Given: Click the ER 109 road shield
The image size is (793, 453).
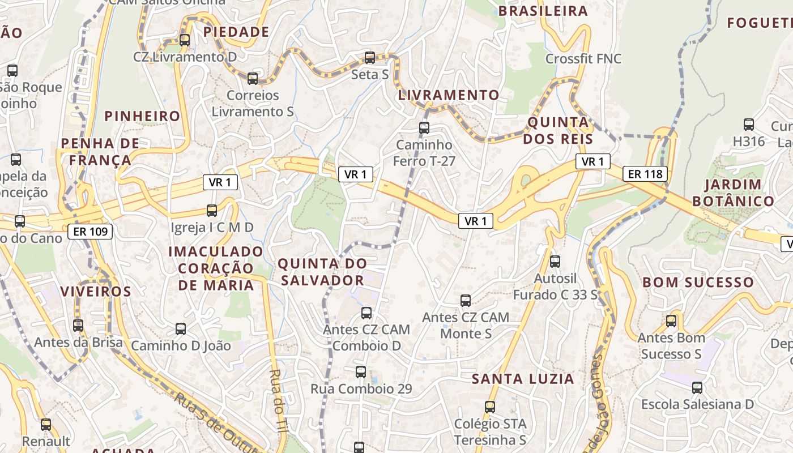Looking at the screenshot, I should point(90,231).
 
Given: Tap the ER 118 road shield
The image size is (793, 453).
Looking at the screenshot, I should point(645,174).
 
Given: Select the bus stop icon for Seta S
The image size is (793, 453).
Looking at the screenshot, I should point(370,57).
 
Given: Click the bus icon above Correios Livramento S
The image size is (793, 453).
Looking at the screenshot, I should point(253,78).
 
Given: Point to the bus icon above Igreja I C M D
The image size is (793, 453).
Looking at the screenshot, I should point(212,211).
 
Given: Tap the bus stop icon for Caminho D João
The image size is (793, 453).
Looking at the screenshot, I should point(181,328).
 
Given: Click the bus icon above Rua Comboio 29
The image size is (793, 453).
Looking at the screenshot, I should point(361,372).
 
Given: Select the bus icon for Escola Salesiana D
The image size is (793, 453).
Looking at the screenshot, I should point(697,388).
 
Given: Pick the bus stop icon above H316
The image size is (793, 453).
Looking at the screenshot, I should point(749,125).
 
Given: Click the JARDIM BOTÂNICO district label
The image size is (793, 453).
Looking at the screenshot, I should point(733,193).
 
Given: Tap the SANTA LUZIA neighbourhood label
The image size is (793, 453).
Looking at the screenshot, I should point(523,379).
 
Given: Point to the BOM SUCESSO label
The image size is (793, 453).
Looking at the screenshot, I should point(698,282).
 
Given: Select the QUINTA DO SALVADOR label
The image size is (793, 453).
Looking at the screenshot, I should point(322,272).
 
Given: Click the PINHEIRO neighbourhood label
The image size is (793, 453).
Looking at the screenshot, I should point(142,116).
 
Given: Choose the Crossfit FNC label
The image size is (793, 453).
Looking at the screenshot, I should point(583,58).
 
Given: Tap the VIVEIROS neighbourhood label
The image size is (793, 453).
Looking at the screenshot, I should point(96,292).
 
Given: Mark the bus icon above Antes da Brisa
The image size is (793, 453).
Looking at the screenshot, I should point(78,326).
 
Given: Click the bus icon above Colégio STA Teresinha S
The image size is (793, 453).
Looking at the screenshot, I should point(490,407).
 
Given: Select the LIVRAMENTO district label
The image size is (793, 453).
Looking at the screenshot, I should point(449,95).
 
